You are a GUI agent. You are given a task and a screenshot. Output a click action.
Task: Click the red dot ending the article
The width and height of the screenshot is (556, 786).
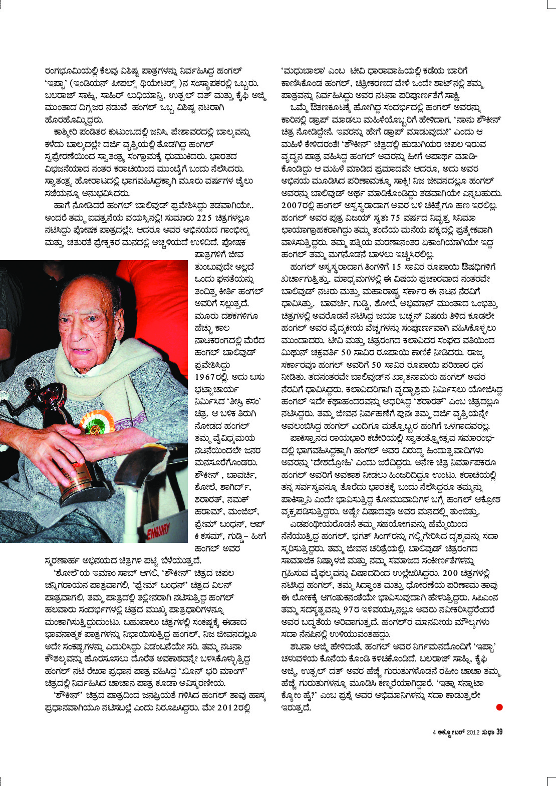[x=499, y=707]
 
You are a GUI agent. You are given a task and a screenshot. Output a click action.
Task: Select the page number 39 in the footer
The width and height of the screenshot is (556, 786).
[x=499, y=732]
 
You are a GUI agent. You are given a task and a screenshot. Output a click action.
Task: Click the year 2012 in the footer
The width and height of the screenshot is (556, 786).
[x=473, y=732]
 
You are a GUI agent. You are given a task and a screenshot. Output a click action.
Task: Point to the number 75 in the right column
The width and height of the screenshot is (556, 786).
[x=395, y=218]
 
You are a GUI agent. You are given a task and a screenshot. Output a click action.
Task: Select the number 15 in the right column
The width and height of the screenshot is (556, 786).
[x=396, y=267]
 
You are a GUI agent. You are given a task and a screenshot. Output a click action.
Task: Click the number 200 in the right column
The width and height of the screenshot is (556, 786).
[x=450, y=573]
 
